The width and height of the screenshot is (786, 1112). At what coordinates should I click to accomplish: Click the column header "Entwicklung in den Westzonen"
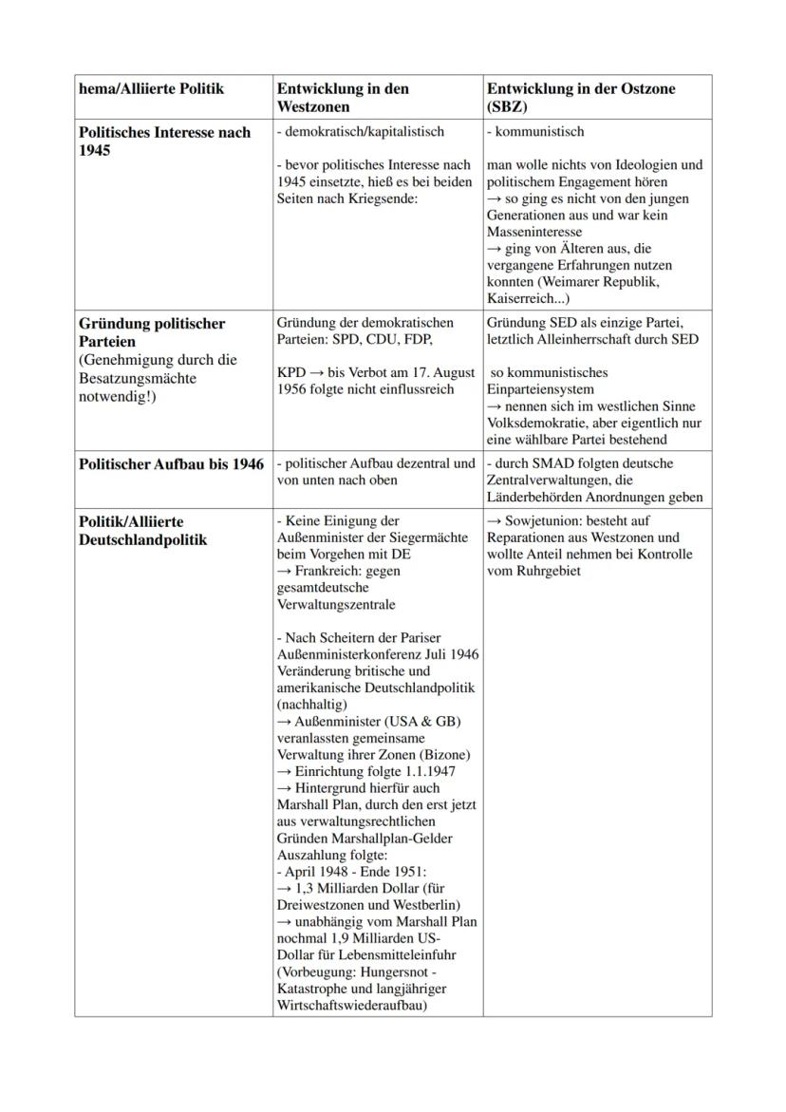pyautogui.click(x=343, y=98)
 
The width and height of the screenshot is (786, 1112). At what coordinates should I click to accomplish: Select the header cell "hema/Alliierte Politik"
pyautogui.click(x=152, y=88)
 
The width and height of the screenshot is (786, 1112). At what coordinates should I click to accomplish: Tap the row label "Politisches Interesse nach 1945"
pyautogui.click(x=164, y=141)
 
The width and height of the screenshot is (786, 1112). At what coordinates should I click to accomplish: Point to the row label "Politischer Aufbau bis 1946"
pyautogui.click(x=172, y=464)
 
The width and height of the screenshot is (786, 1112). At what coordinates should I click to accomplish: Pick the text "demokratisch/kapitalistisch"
pyautogui.click(x=363, y=132)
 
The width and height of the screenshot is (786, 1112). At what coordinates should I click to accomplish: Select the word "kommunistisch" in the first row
pyautogui.click(x=538, y=132)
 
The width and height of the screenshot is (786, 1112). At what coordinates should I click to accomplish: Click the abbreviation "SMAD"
pyautogui.click(x=546, y=463)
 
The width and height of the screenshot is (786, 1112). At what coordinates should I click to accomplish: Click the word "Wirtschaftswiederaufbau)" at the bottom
pyautogui.click(x=351, y=1005)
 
